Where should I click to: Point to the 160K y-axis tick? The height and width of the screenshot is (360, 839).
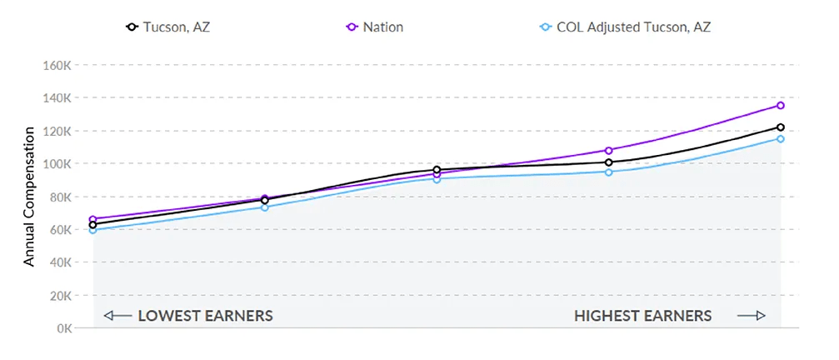tap(57, 65)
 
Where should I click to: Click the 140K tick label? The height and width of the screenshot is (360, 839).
tap(57, 98)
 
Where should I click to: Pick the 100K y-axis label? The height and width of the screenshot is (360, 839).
tap(57, 164)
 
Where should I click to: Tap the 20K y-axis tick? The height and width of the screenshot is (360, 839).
tap(58, 296)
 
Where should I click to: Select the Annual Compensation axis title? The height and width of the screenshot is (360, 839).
tap(29, 197)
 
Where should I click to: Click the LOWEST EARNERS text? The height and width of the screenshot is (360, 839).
tap(205, 316)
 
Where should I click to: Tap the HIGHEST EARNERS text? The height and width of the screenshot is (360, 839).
tap(642, 316)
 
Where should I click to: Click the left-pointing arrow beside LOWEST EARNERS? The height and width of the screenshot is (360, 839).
tap(117, 316)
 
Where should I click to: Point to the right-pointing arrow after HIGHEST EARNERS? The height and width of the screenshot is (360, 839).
tap(751, 316)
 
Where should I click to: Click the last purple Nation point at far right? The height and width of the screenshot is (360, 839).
tap(781, 105)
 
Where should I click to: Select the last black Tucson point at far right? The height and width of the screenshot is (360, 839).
tap(781, 127)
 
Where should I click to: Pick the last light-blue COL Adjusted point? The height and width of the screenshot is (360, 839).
tap(781, 138)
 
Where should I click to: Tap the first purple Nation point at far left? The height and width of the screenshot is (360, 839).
tap(93, 219)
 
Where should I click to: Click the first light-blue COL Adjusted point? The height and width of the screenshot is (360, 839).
tap(93, 230)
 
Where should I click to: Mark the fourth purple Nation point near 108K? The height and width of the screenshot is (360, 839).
tap(609, 151)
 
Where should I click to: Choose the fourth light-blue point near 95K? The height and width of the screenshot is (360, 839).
tap(609, 172)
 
